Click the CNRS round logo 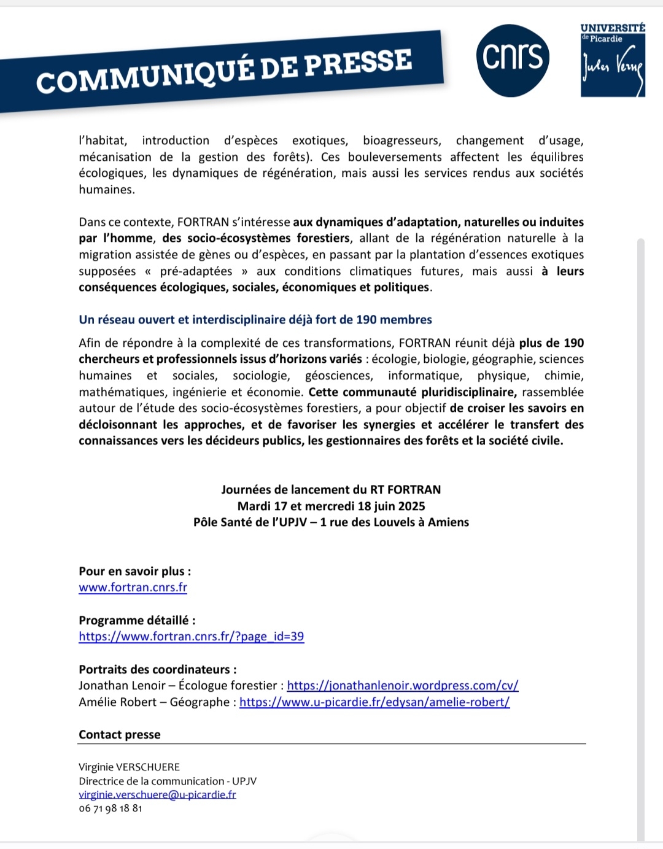coord(512,60)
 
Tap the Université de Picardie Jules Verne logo coord(613,61)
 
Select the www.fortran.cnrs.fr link coord(133,587)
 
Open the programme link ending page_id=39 coord(191,637)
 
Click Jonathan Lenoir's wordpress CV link coord(402,686)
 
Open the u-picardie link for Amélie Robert coord(374,702)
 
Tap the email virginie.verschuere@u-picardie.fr coord(157,795)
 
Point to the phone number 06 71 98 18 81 coord(110,808)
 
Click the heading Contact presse coord(120,735)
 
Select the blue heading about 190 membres coord(255,320)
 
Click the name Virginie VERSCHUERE coord(129,767)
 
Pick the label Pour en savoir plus coord(134,572)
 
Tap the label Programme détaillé coord(137,621)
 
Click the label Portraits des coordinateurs coord(157,670)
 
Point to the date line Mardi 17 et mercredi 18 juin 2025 coord(331,506)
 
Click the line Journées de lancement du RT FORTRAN coord(331,490)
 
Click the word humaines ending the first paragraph coord(106,190)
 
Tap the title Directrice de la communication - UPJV coord(167,781)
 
